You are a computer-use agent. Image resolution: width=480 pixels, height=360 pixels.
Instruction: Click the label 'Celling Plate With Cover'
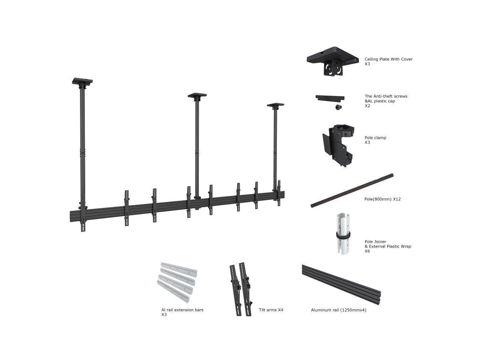click(388, 59)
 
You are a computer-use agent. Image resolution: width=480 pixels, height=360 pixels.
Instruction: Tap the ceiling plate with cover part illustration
click(333, 61)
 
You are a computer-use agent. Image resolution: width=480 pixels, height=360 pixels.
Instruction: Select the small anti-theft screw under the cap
click(338, 107)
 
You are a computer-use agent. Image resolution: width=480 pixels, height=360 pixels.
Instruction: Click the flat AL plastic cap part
click(330, 98)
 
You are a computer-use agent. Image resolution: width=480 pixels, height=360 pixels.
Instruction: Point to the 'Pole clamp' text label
click(375, 138)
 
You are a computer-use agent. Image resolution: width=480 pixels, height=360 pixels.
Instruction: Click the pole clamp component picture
click(338, 146)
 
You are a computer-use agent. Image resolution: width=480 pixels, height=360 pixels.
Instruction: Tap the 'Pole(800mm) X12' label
click(382, 199)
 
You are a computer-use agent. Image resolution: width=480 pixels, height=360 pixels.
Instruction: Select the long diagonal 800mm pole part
click(352, 190)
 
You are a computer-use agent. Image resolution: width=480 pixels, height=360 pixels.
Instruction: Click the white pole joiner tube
click(343, 234)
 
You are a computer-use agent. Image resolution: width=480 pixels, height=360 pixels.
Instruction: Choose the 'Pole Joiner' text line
click(375, 242)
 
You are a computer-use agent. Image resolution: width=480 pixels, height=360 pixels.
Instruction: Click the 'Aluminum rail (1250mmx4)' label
click(338, 310)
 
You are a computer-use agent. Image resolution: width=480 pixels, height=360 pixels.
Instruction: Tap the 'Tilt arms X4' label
click(271, 310)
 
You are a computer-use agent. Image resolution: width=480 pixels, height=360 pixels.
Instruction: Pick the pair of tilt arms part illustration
click(240, 289)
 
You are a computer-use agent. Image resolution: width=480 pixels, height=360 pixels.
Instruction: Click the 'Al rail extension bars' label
click(182, 310)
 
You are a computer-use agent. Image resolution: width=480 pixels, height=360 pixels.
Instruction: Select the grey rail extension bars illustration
click(177, 282)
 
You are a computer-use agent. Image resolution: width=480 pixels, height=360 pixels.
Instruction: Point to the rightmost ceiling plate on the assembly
click(276, 105)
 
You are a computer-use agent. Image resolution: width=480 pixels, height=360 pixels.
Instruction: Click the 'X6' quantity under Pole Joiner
click(367, 251)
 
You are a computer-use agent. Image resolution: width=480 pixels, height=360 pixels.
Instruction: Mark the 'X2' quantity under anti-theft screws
click(367, 106)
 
